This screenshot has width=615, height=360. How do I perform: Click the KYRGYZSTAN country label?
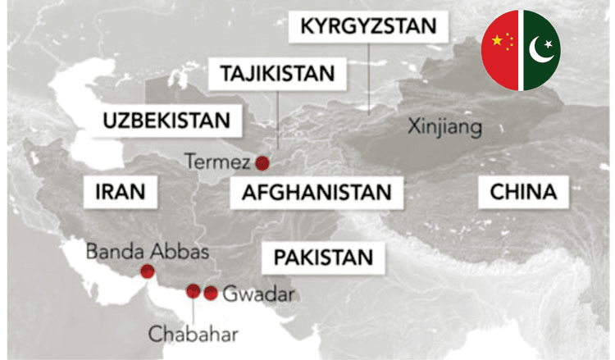(368, 26)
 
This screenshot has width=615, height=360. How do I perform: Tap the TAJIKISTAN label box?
(277, 74)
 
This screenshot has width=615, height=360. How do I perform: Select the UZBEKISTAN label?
(166, 121)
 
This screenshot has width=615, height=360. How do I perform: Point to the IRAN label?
(120, 193)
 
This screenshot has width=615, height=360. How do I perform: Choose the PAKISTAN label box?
(323, 257)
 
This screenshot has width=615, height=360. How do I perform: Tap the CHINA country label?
(523, 193)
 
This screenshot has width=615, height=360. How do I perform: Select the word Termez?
(217, 162)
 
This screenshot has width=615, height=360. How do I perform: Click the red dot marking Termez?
(262, 162)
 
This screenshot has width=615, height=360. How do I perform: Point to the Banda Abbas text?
(148, 251)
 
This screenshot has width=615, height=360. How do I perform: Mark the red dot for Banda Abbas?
(148, 271)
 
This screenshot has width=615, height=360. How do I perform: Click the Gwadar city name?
(257, 293)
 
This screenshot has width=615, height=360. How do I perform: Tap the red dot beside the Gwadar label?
(211, 293)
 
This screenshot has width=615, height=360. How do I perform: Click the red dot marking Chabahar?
(194, 290)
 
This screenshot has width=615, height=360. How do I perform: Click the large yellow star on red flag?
(495, 41)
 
